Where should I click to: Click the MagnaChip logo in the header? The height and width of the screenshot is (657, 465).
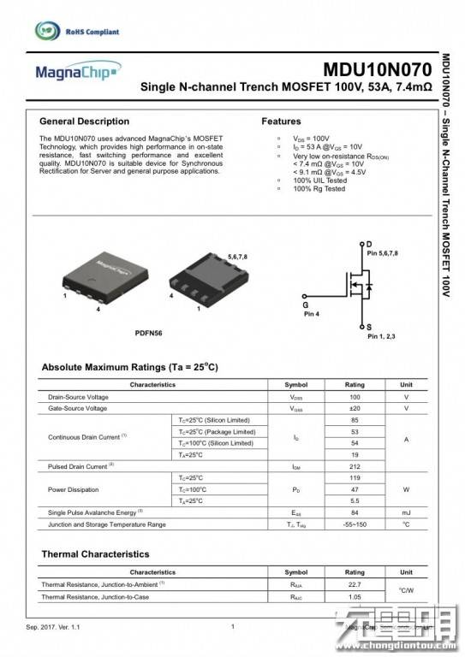pyautogui.click(x=73, y=74)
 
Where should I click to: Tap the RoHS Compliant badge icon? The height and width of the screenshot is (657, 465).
pyautogui.click(x=49, y=32)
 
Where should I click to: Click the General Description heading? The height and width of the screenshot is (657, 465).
pyautogui.click(x=85, y=121)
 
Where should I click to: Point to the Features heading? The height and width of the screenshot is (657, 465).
pyautogui.click(x=281, y=121)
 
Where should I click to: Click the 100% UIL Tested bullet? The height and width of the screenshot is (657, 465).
pyautogui.click(x=319, y=181)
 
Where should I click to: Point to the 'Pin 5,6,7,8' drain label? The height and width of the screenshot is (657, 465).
pyautogui.click(x=381, y=254)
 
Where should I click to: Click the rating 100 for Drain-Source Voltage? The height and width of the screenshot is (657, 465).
pyautogui.click(x=355, y=398)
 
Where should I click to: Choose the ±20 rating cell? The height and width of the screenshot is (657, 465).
pyautogui.click(x=355, y=409)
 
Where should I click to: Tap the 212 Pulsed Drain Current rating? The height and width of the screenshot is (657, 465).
pyautogui.click(x=355, y=466)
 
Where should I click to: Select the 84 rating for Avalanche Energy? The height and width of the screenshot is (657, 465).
pyautogui.click(x=355, y=512)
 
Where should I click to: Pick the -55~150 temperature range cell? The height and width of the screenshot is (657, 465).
pyautogui.click(x=355, y=524)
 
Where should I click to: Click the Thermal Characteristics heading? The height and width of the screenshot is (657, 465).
pyautogui.click(x=95, y=554)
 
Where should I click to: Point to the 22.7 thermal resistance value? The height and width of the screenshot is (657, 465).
pyautogui.click(x=355, y=584)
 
